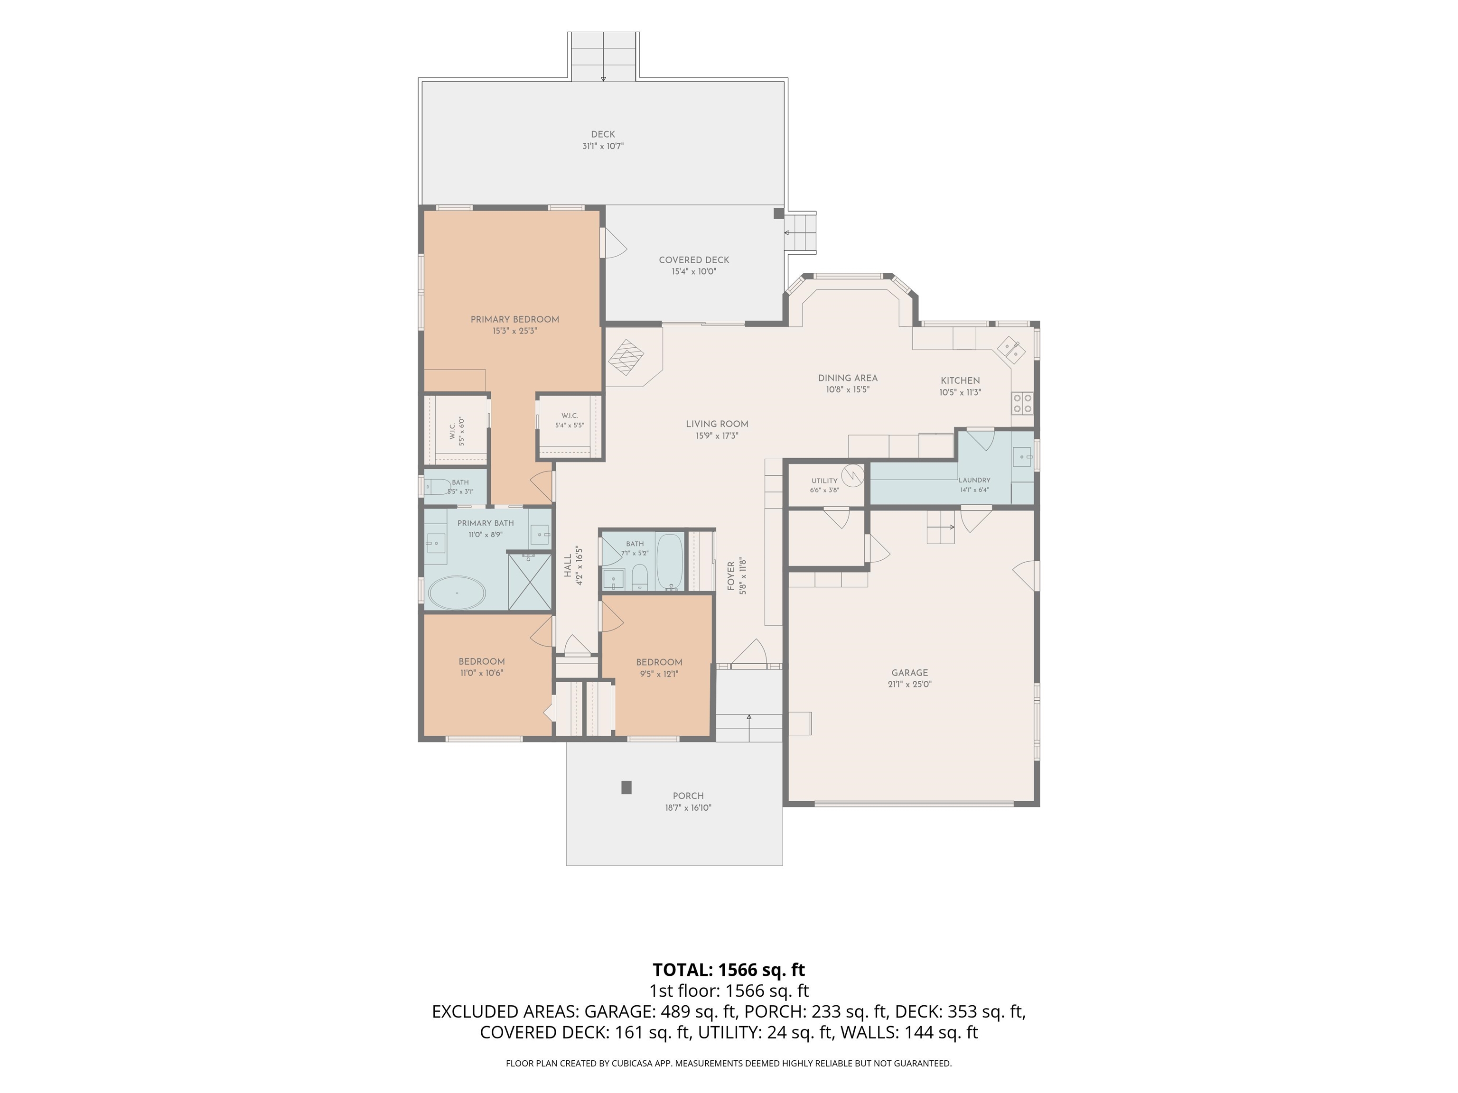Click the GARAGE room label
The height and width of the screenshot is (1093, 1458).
tap(910, 673)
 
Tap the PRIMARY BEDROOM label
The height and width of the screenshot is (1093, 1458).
tap(515, 320)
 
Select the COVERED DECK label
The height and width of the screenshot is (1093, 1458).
tap(694, 259)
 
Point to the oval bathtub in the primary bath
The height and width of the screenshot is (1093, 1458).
tap(457, 593)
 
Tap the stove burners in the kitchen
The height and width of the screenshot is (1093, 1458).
tap(1022, 403)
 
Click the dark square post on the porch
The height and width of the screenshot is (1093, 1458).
tap(626, 787)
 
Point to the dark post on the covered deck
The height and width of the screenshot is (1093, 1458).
tap(778, 213)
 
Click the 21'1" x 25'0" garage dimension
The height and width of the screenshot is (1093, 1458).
tap(910, 685)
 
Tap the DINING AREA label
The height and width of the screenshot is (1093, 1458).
tap(848, 378)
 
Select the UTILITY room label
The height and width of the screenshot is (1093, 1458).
tap(824, 481)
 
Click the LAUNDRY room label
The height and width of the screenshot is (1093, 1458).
tap(974, 480)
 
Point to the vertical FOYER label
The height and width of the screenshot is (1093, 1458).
tap(731, 576)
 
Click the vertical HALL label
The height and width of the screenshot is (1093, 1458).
tap(568, 566)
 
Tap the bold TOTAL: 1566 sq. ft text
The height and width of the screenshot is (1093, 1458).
tap(729, 970)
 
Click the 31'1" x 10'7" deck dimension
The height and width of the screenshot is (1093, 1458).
tap(603, 146)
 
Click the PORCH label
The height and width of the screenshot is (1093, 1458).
tap(688, 796)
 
